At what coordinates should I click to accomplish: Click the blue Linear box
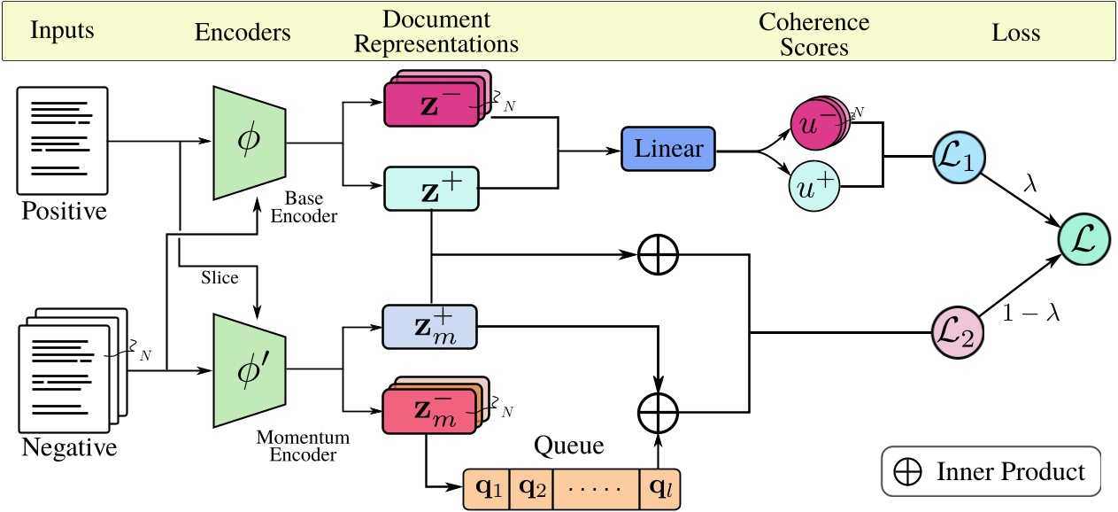(669, 149)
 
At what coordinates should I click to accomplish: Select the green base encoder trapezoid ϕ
(248, 142)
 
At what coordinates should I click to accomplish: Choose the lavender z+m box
(428, 327)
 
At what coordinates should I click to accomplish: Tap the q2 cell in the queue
(530, 489)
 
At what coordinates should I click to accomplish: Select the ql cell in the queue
(659, 489)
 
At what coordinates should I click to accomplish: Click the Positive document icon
(63, 140)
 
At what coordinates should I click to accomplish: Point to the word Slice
(219, 277)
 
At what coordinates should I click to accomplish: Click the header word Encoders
(242, 33)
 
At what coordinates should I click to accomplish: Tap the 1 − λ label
(1029, 313)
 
